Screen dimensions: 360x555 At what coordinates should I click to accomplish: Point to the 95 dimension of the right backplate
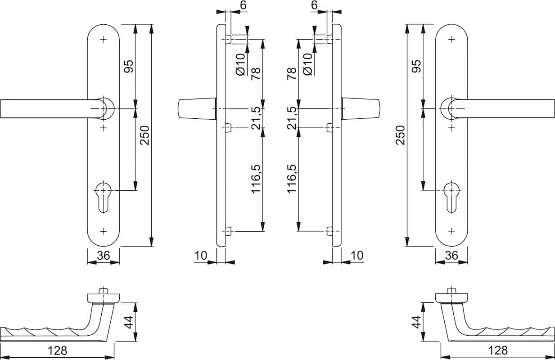point(416,66)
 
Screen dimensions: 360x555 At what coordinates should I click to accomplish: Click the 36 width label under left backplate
point(104,256)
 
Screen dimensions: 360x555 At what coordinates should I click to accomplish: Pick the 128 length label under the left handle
point(58,350)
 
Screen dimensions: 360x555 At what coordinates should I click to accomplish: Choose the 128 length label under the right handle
point(498,350)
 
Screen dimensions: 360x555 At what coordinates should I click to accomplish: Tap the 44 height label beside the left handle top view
point(130,322)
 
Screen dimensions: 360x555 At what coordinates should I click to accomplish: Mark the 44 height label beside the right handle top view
point(416,322)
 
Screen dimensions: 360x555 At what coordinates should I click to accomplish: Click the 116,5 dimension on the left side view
point(256,179)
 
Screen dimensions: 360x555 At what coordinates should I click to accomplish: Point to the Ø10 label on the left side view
point(240,64)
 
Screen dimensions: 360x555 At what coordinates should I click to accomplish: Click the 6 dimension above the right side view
point(314,5)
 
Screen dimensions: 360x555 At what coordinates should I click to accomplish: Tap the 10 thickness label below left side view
point(201,256)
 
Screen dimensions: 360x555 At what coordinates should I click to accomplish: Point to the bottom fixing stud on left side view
point(228,231)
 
